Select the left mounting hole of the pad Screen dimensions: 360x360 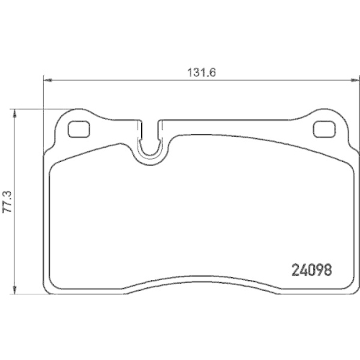tap(78, 129)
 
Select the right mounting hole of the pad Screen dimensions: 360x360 tap(325, 129)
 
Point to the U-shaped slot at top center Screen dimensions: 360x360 tap(150, 144)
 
